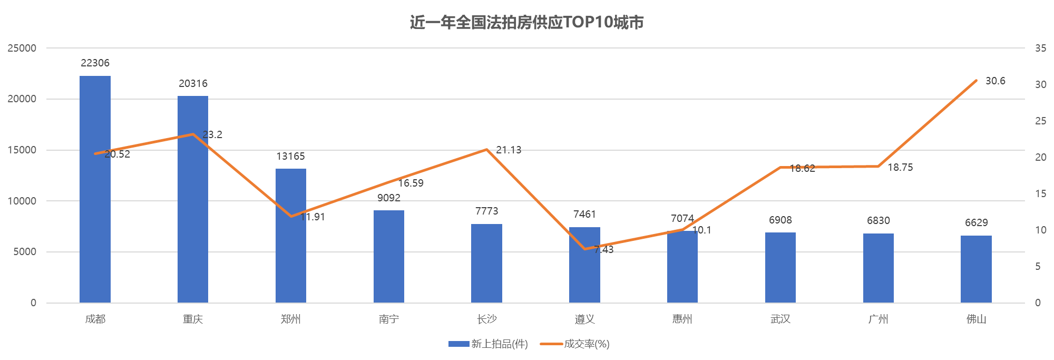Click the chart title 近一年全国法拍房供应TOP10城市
(x=527, y=22)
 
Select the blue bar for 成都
(x=95, y=189)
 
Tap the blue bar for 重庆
(x=193, y=199)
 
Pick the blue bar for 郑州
(x=291, y=236)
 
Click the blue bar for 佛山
(x=976, y=269)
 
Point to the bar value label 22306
(x=95, y=63)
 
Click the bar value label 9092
(x=389, y=198)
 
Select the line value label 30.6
(x=996, y=81)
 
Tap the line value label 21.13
(x=509, y=150)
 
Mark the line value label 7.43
(x=604, y=249)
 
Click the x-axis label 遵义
(x=584, y=319)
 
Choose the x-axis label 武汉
(x=780, y=319)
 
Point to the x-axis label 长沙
(x=486, y=319)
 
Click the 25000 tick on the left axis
(x=22, y=48)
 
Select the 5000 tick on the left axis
(x=25, y=252)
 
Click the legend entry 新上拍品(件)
(x=488, y=344)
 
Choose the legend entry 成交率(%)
(x=575, y=344)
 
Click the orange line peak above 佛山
(x=976, y=80)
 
